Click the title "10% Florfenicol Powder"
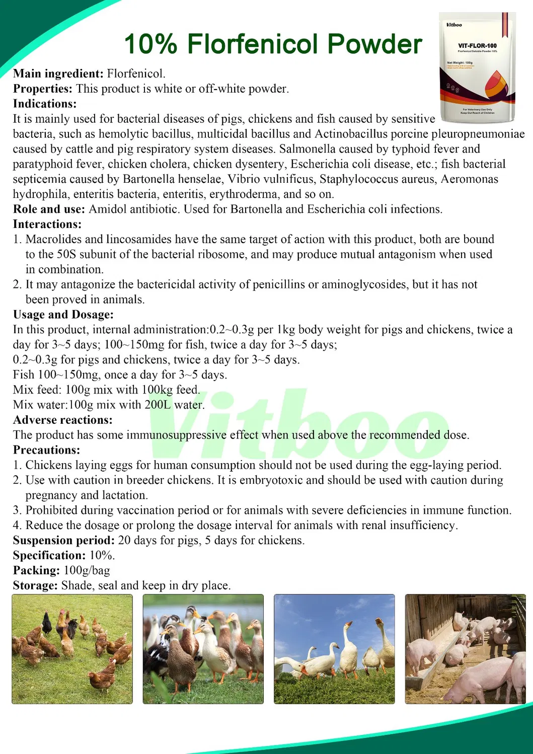pos(273,44)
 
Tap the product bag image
pos(477,67)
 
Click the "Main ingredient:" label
pos(58,73)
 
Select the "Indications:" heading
pos(45,104)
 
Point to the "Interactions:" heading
pos(47,224)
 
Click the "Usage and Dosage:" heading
pos(63,315)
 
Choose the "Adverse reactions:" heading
pos(63,420)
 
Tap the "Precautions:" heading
pos(46,450)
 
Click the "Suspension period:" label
pos(64,541)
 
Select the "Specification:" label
pos(49,556)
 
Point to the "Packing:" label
pos(36,571)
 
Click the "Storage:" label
pos(35,586)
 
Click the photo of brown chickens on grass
pos(72,649)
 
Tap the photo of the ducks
pos(203,649)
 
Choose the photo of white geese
pos(334,649)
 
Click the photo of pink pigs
pos(465,649)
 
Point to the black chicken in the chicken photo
pos(47,624)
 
